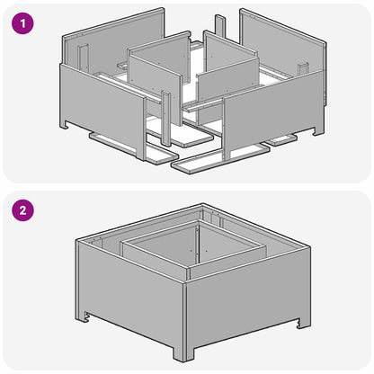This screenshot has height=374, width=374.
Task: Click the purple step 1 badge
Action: point(24,25)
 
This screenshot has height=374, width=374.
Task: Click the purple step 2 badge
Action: point(24,212)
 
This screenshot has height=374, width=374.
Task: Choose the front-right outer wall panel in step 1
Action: point(270,117)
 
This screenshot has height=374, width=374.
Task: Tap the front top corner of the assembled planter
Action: point(183,286)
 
